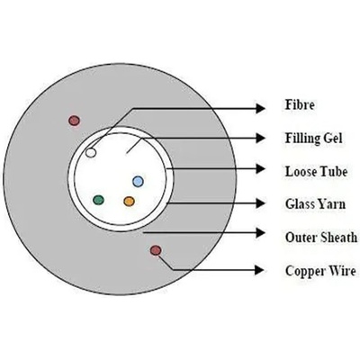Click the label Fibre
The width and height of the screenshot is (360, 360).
300,104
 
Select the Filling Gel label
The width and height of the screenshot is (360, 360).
313,139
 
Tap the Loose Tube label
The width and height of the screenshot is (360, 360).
316,172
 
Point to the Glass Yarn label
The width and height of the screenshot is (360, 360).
315,204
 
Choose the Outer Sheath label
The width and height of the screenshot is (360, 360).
321,238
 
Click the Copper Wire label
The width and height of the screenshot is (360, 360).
320,271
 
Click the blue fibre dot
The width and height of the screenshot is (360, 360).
138,181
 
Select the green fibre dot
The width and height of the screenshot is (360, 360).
98,200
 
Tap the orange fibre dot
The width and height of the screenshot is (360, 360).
129,201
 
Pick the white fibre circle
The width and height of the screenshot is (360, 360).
91,153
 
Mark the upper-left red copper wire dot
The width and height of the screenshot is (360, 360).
74,121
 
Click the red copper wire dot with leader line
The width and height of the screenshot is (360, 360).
156,250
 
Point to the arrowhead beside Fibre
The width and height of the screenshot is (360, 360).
260,108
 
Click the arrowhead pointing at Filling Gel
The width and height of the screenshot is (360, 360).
260,139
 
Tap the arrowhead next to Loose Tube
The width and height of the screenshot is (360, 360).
260,169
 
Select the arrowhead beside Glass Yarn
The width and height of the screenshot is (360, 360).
260,203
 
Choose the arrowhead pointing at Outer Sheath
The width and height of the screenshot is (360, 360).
260,232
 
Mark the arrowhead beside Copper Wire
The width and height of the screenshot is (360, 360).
260,270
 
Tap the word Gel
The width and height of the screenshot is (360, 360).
333,139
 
